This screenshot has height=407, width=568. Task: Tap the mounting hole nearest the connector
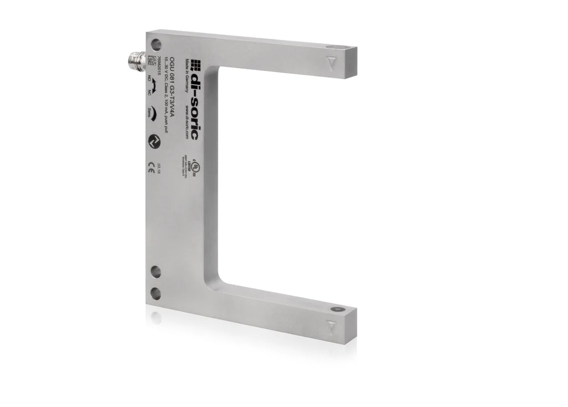point(156,43)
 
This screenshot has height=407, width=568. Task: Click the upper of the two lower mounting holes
point(156,272)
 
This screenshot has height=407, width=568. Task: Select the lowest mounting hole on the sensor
point(156,292)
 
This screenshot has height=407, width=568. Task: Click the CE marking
point(151,170)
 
